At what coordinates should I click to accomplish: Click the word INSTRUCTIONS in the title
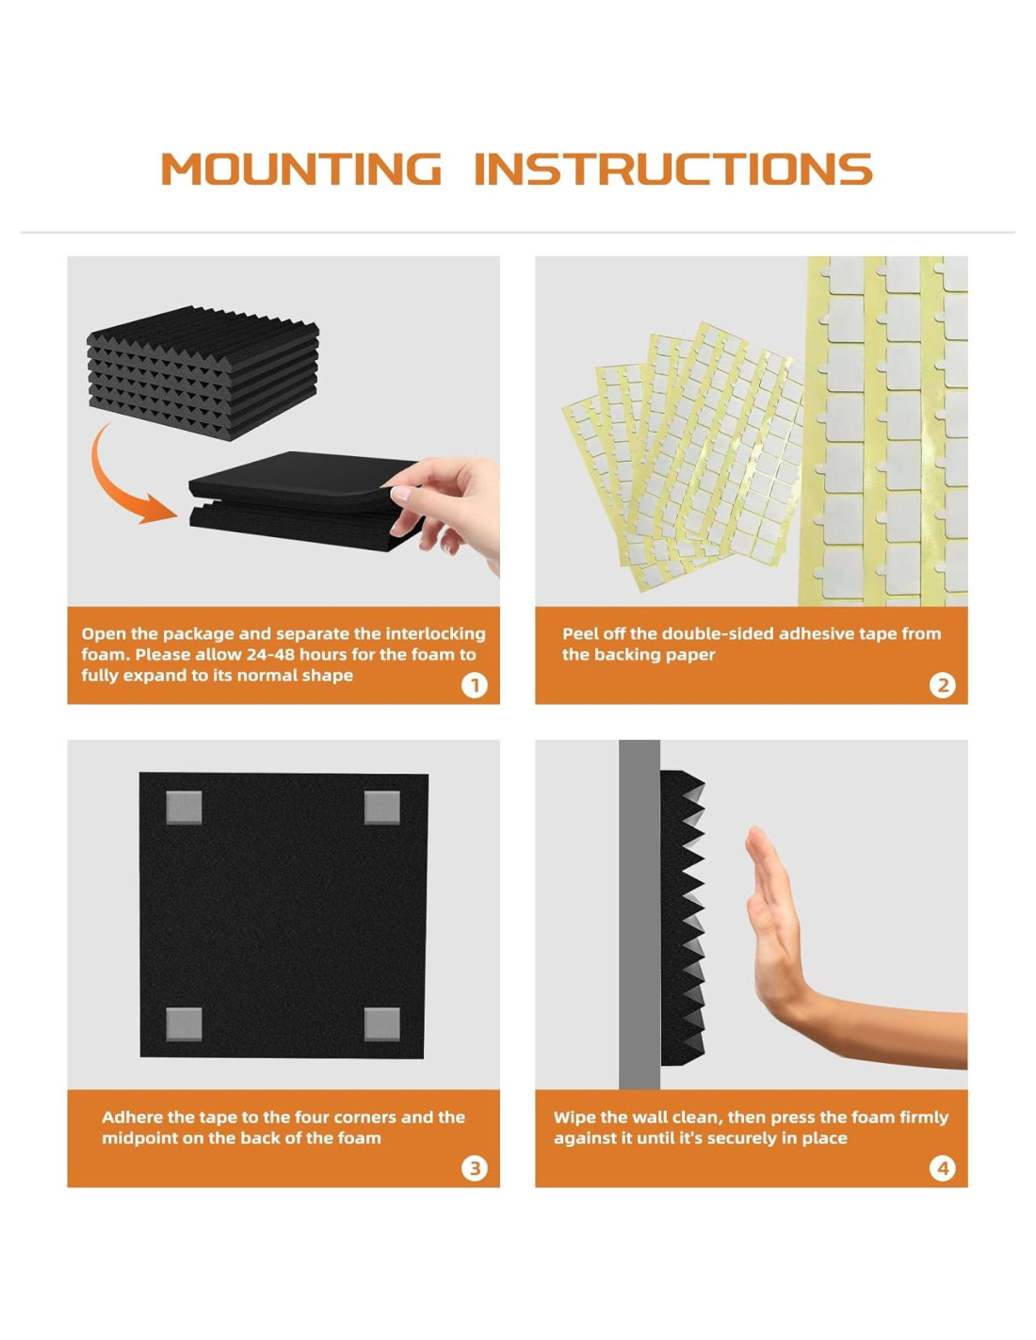[x=673, y=169]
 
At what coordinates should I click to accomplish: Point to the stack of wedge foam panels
[x=202, y=372]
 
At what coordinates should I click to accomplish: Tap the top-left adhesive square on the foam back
[x=184, y=809]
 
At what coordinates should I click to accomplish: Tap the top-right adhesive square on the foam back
[x=381, y=809]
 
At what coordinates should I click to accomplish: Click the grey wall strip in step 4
[x=639, y=914]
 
